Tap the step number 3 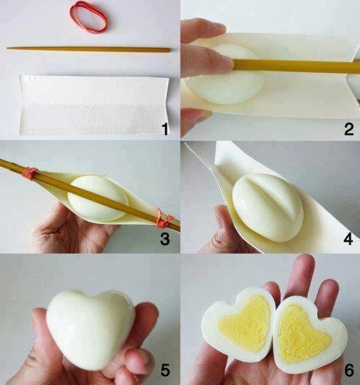pyautogui.click(x=164, y=238)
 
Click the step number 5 pyautogui.click(x=164, y=371)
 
